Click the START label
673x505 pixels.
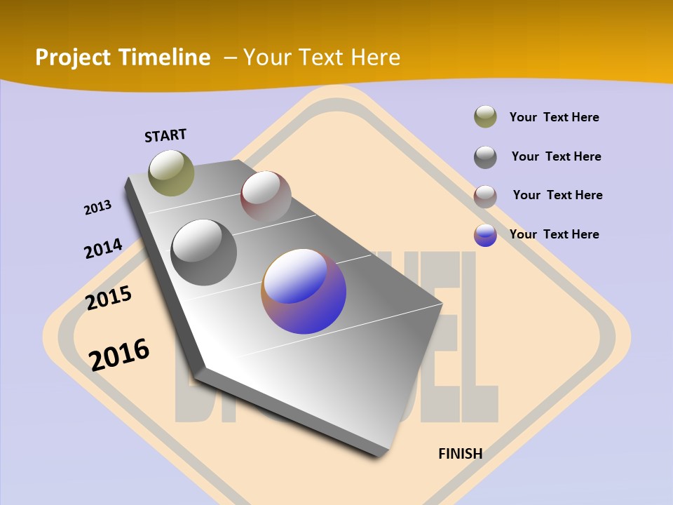coord(165,135)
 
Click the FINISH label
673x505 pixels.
coord(460,454)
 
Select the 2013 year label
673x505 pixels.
coord(97,208)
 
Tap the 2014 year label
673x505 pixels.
coord(103,248)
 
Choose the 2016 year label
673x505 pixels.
coord(119,353)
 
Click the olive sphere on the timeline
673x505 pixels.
coord(171,173)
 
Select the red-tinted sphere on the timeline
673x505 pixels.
coord(266,196)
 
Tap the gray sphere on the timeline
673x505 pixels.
coord(204,252)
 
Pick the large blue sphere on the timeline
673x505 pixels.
coord(304,291)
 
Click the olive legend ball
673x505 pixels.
coord(485,117)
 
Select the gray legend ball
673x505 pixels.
coord(485,156)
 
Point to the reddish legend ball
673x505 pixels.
coord(485,196)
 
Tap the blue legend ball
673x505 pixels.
coord(485,235)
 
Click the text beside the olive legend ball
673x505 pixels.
coord(554,117)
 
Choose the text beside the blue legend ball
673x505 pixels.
coord(554,234)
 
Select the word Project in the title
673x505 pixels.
coord(72,58)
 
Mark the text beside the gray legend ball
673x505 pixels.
coord(556,156)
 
